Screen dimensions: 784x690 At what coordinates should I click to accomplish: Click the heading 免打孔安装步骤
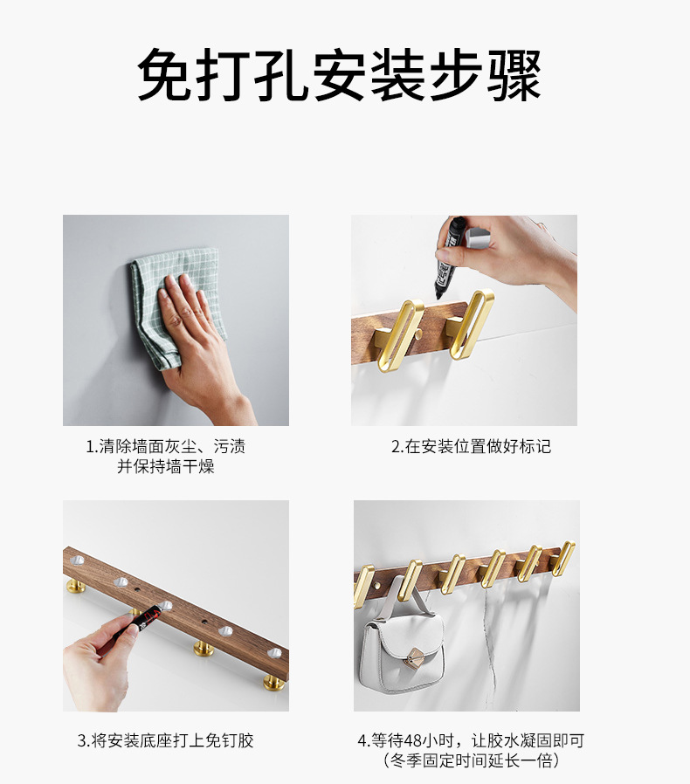[340, 75]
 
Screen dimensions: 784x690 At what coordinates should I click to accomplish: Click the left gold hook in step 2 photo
[398, 334]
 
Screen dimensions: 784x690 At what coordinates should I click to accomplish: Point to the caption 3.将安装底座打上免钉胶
[166, 740]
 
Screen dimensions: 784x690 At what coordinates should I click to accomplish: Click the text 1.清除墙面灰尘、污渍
[165, 446]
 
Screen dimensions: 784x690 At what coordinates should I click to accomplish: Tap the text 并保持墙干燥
[166, 466]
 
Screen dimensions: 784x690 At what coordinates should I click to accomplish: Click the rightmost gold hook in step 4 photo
[564, 558]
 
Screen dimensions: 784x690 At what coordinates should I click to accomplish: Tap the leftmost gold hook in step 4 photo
[363, 586]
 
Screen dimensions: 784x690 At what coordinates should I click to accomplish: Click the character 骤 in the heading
[515, 75]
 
